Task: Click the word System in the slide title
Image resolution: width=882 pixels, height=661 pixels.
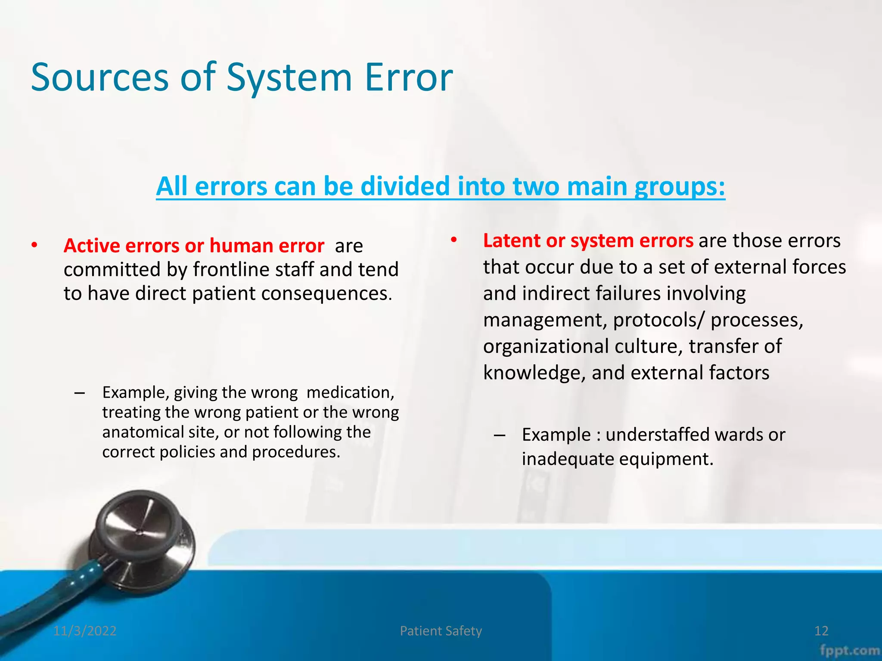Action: [x=289, y=77]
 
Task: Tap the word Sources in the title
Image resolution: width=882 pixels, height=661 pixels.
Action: [x=100, y=77]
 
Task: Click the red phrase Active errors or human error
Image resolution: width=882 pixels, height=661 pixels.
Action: [x=194, y=246]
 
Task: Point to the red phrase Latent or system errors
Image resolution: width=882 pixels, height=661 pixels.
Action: [x=588, y=241]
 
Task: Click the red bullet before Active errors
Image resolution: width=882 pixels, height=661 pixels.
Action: [x=34, y=246]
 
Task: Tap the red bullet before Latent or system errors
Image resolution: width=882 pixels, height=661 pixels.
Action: [x=453, y=241]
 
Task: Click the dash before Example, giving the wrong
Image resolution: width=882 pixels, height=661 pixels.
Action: [x=79, y=392]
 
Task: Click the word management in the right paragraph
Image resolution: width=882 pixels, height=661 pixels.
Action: [x=545, y=320]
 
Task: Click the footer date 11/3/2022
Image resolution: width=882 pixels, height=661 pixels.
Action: [x=85, y=631]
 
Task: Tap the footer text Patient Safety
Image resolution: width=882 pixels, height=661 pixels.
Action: [x=441, y=631]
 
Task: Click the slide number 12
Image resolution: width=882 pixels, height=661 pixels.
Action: [x=821, y=631]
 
